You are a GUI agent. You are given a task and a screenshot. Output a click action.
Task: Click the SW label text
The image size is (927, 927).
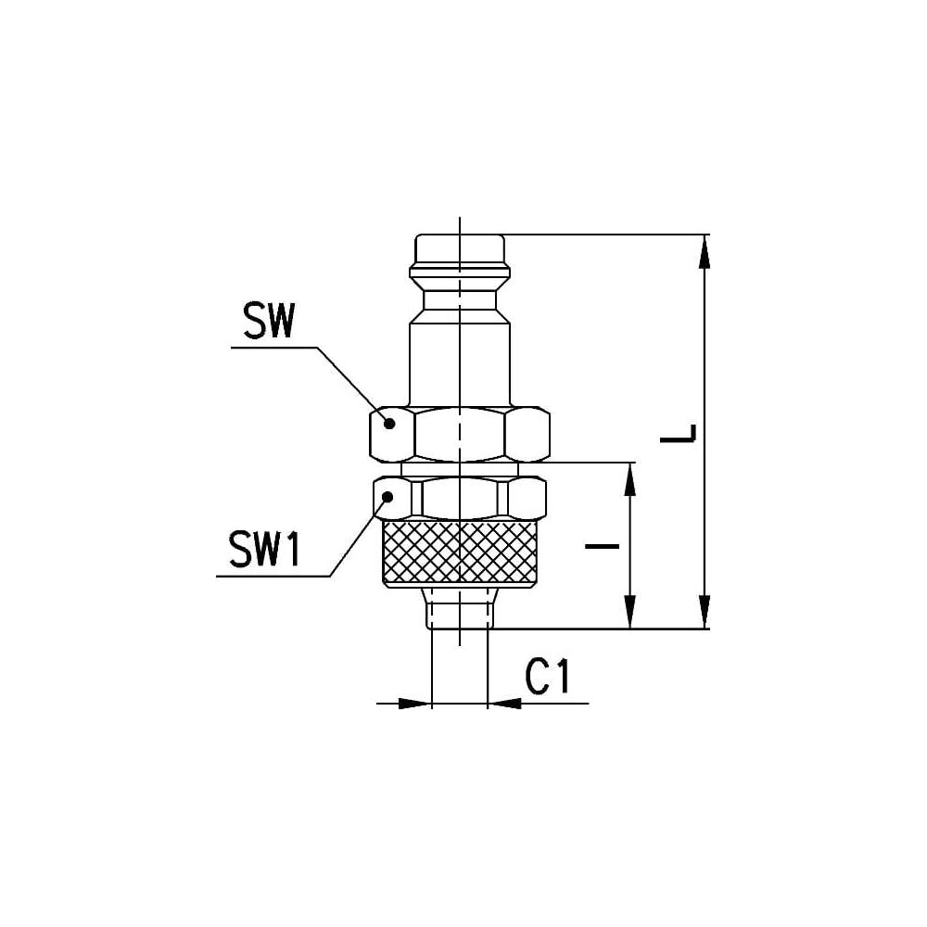[x=269, y=323]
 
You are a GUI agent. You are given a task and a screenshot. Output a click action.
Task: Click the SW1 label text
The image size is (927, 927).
[x=264, y=549]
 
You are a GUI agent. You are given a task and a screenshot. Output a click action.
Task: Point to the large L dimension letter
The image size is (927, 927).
[x=679, y=433]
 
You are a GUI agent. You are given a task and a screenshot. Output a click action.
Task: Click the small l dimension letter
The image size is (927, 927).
[x=602, y=546]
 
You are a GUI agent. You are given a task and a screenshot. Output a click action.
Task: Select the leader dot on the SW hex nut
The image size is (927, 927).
[x=389, y=424]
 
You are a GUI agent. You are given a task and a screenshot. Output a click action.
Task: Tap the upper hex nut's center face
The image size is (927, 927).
[x=460, y=434]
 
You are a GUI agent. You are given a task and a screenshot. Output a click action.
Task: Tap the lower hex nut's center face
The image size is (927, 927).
[x=460, y=499]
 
